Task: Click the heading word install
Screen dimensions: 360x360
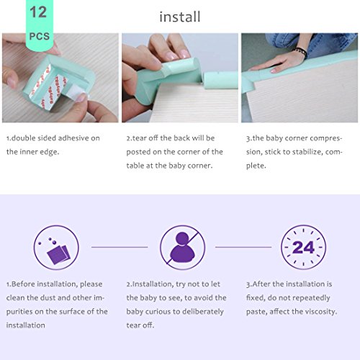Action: point(180,17)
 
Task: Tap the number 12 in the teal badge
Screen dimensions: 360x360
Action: point(38,12)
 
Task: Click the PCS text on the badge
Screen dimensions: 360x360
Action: point(40,36)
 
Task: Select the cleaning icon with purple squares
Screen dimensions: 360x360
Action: point(56,247)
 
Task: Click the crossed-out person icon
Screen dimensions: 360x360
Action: point(182,247)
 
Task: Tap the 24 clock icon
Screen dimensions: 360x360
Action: point(303,247)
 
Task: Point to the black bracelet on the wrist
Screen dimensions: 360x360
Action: point(301,52)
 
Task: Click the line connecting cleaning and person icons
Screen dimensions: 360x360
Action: point(120,247)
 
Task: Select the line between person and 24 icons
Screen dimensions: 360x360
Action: point(243,247)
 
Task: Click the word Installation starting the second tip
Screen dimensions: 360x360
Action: point(153,284)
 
